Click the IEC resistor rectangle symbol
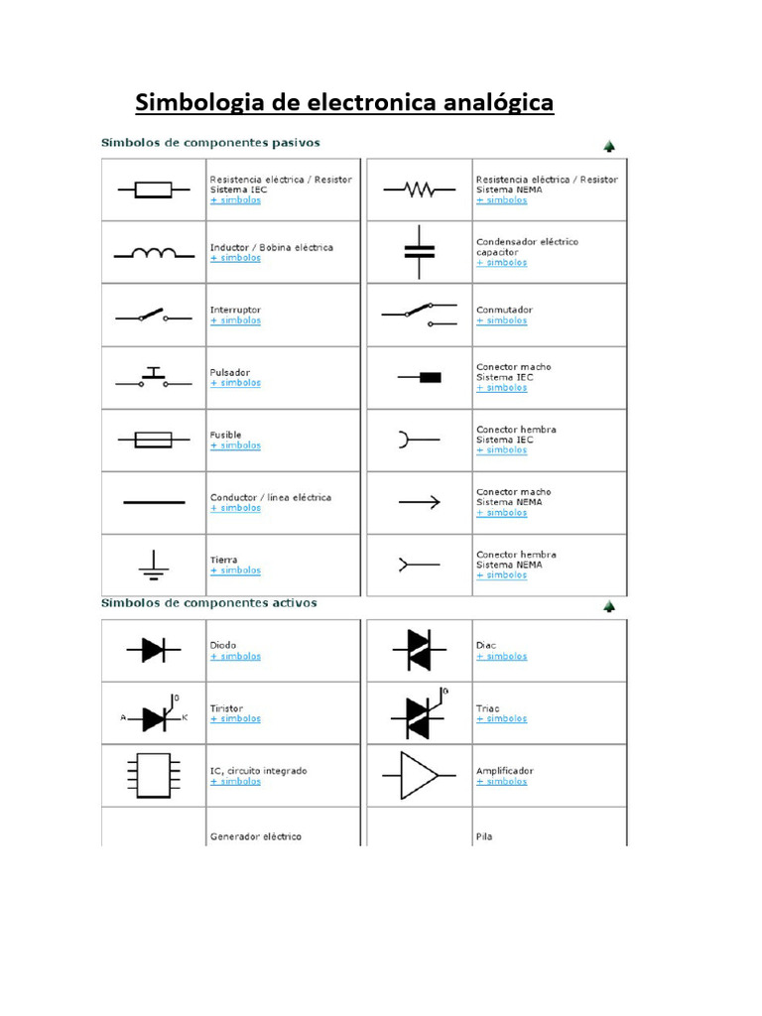coord(153,190)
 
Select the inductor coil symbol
coord(153,253)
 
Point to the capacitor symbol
coord(419,252)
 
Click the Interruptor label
coord(235,310)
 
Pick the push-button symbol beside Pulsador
coord(153,377)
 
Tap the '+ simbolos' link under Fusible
coord(235,445)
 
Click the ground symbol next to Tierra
coord(153,565)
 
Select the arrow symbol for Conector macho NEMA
coord(419,503)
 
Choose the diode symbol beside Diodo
coord(153,650)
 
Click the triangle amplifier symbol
coord(419,775)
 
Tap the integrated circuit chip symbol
coord(153,775)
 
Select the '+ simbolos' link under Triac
coord(501,718)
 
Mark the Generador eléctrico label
coord(256,836)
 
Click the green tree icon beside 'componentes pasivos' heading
coord(609,146)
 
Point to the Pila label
coord(484,836)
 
